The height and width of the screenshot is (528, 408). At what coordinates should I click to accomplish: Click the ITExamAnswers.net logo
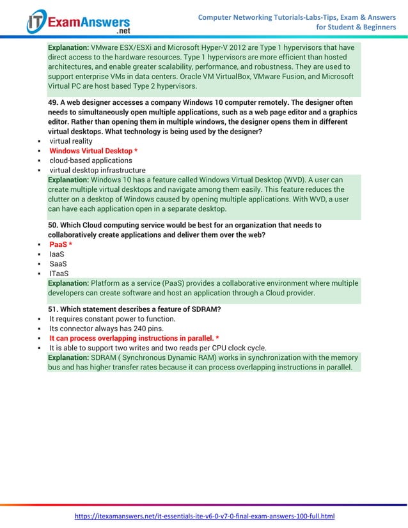pos(77,22)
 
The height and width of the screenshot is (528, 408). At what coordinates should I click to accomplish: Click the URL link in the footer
pos(205,516)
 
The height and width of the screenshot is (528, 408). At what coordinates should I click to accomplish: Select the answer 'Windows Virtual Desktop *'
pos(93,151)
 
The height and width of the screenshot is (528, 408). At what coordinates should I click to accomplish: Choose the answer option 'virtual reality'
pos(71,141)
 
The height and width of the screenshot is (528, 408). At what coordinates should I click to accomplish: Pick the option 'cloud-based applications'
pos(91,160)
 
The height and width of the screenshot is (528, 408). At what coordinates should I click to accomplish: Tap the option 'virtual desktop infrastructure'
pos(97,170)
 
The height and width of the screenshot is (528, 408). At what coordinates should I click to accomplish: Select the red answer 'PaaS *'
pos(61,245)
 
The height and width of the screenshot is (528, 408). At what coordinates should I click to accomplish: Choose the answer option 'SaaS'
pos(58,264)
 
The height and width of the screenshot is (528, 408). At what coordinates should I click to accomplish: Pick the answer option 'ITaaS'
pos(59,274)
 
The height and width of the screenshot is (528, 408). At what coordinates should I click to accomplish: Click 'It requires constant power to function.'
pos(113,319)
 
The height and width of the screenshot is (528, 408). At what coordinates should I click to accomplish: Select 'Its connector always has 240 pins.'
pos(106,329)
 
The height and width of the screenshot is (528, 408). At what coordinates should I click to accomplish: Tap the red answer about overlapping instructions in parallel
pos(134,338)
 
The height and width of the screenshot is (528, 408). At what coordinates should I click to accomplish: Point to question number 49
pos(53,103)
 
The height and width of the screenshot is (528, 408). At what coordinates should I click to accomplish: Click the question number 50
pos(53,225)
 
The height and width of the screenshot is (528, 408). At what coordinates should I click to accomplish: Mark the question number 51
pos(53,309)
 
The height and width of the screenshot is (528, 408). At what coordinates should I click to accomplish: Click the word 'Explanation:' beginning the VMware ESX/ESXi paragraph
pos(68,47)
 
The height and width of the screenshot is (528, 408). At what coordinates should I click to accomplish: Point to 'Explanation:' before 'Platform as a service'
pos(68,283)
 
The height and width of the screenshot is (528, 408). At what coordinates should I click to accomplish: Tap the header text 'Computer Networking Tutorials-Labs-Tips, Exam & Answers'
pos(297,17)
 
